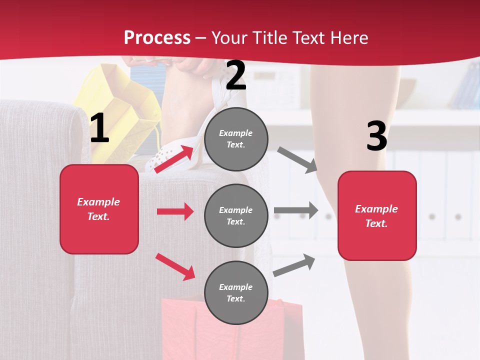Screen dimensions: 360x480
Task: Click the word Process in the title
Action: (x=157, y=38)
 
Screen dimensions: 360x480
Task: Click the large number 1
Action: (x=99, y=129)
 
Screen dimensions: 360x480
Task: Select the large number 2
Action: (x=236, y=75)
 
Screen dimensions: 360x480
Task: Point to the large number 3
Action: (x=376, y=136)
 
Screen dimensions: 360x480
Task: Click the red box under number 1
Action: (x=99, y=209)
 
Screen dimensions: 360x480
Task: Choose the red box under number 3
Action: (x=377, y=215)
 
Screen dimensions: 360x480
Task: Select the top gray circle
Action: (x=236, y=139)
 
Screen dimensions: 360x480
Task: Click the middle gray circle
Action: (x=236, y=215)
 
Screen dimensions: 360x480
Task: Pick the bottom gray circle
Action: (x=236, y=292)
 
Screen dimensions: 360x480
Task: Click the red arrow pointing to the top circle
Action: (x=174, y=158)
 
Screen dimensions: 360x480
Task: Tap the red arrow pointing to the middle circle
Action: (x=175, y=211)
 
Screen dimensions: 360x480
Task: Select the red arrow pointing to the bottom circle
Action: (x=175, y=266)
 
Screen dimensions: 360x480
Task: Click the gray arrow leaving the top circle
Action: (x=297, y=160)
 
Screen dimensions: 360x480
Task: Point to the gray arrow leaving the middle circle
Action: (x=296, y=210)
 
